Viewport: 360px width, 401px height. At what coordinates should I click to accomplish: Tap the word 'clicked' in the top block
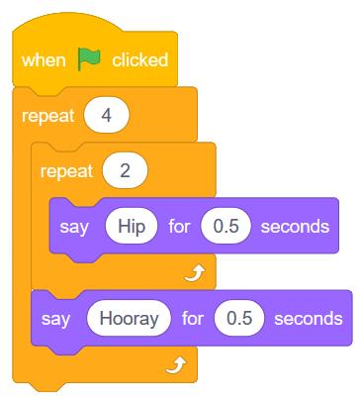coord(138,60)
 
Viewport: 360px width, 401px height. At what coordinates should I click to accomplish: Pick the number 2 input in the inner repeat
coord(126,170)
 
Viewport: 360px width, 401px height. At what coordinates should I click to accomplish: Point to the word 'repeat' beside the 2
coord(67,170)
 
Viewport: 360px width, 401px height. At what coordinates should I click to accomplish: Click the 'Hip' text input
coord(131,226)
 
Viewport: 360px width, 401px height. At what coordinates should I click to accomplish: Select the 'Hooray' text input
coord(122,319)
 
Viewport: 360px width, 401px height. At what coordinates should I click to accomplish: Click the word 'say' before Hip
coord(73,226)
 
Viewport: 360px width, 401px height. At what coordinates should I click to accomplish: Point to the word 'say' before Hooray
coord(55,319)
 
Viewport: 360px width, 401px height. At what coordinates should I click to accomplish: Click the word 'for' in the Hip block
coord(179,226)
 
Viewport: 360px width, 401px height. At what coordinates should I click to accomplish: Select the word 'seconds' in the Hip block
coord(294,226)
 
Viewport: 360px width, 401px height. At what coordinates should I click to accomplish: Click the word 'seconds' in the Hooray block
coord(307,319)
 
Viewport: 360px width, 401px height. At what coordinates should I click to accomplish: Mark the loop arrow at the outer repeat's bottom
coord(175,366)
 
